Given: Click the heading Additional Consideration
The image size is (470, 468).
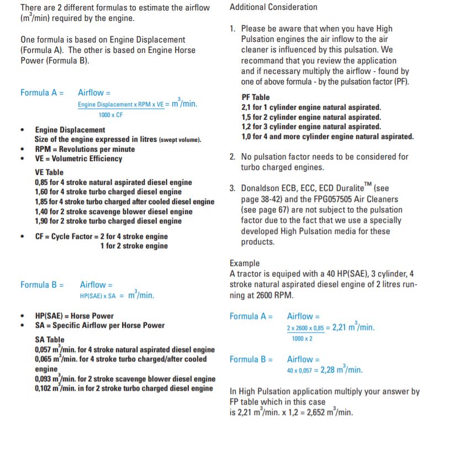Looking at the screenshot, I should (x=273, y=7).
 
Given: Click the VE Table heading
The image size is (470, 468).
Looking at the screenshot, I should (x=49, y=172).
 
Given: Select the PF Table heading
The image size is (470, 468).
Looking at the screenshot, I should (x=256, y=97).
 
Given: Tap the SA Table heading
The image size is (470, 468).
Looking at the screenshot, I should (x=49, y=340).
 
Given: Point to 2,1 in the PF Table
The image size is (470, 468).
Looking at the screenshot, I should (x=246, y=107).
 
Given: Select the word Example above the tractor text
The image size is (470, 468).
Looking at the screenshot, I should (x=245, y=263).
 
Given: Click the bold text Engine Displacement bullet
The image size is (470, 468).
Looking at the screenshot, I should (x=70, y=130).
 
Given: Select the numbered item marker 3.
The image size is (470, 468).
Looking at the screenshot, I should (x=232, y=188).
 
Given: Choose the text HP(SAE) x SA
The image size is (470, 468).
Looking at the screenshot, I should (x=97, y=296).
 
